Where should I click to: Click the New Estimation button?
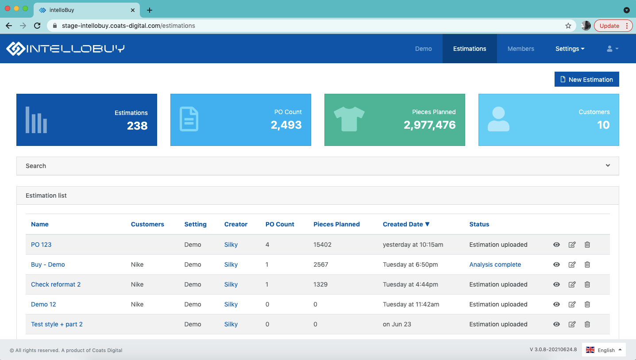pos(586,80)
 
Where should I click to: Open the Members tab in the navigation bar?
pos(520,49)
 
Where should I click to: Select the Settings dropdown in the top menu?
pos(570,49)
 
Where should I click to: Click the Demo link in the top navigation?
pos(423,49)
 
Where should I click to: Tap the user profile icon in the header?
pos(612,49)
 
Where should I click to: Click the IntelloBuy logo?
pos(66,49)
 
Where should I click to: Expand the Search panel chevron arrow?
pos(608,165)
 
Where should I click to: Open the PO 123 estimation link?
pos(41,245)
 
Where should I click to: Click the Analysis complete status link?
pos(495,264)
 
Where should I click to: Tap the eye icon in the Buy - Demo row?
pos(556,264)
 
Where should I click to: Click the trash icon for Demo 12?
pos(587,304)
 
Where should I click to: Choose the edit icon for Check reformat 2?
pos(572,284)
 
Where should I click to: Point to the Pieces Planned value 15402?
pos(322,245)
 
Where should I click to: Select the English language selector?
pos(604,350)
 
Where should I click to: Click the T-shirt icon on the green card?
pos(349,119)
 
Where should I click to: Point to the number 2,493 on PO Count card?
pos(286,125)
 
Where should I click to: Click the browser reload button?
pos(37,26)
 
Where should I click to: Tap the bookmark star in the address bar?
pos(568,26)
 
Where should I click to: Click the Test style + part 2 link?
pos(57,324)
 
